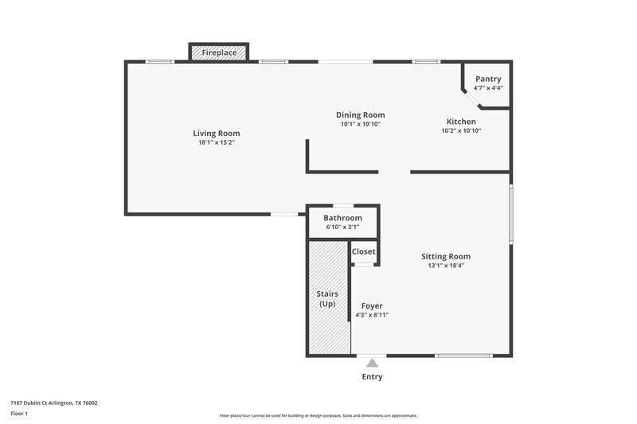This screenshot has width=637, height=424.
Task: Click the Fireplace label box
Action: tap(218, 53)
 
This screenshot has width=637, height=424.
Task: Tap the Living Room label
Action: tap(217, 133)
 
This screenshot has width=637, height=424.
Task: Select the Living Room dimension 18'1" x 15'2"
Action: tap(217, 143)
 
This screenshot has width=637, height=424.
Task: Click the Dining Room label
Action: tap(360, 115)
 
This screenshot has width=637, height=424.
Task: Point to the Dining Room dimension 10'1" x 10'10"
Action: tap(360, 124)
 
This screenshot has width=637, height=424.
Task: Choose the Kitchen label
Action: tap(461, 122)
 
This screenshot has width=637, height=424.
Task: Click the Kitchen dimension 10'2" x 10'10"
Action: tap(461, 131)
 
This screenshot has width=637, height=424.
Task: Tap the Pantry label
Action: tap(488, 79)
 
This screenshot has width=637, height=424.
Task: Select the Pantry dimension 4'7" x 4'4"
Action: tap(488, 88)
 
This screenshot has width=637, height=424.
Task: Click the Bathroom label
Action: tap(342, 218)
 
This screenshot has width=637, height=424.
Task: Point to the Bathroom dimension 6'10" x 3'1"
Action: tap(342, 228)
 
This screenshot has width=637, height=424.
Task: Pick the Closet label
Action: tap(364, 251)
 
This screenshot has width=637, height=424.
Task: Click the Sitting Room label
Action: tap(446, 256)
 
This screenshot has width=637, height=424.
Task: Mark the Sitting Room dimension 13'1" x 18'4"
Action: tap(446, 266)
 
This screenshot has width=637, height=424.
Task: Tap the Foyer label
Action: tap(372, 305)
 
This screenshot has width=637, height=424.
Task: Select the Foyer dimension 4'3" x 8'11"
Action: tap(372, 315)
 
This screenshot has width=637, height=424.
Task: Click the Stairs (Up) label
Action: tap(328, 299)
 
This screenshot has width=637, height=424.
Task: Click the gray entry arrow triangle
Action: tap(372, 363)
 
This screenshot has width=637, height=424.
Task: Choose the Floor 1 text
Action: tap(19, 414)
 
